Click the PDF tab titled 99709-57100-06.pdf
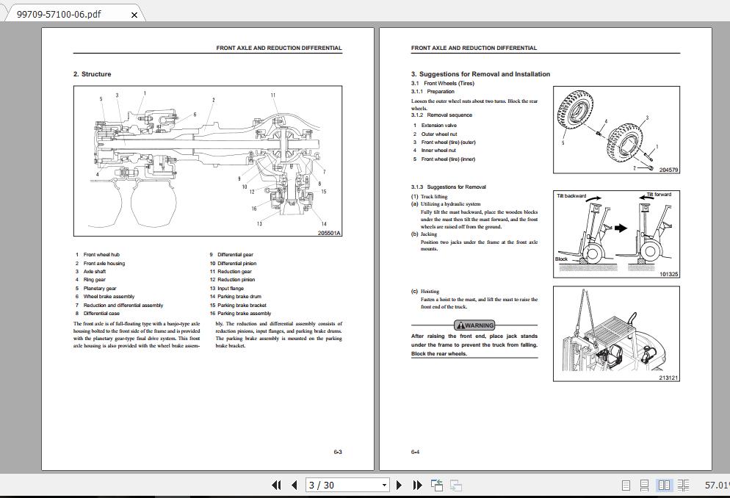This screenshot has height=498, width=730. click(x=59, y=14)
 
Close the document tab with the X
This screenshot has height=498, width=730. click(x=134, y=14)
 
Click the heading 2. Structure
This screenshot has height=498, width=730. click(x=93, y=74)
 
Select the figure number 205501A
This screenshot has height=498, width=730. click(x=329, y=233)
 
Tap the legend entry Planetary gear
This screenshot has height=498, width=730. click(x=100, y=289)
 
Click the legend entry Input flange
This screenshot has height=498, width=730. click(x=231, y=289)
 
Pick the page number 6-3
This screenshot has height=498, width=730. click(x=337, y=452)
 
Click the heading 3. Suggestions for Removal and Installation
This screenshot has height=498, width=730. click(x=480, y=74)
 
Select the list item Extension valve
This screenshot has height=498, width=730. click(x=438, y=126)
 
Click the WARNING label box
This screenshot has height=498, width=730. click(x=474, y=325)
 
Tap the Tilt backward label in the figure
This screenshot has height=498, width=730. click(x=571, y=196)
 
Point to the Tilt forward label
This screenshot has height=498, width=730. click(x=658, y=195)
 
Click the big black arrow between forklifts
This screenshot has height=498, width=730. click(x=621, y=228)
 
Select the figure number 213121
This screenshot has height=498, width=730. click(x=668, y=378)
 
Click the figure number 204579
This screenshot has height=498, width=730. click(x=668, y=170)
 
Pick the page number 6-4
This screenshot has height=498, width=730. click(x=416, y=452)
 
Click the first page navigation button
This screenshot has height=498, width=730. click(x=276, y=485)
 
